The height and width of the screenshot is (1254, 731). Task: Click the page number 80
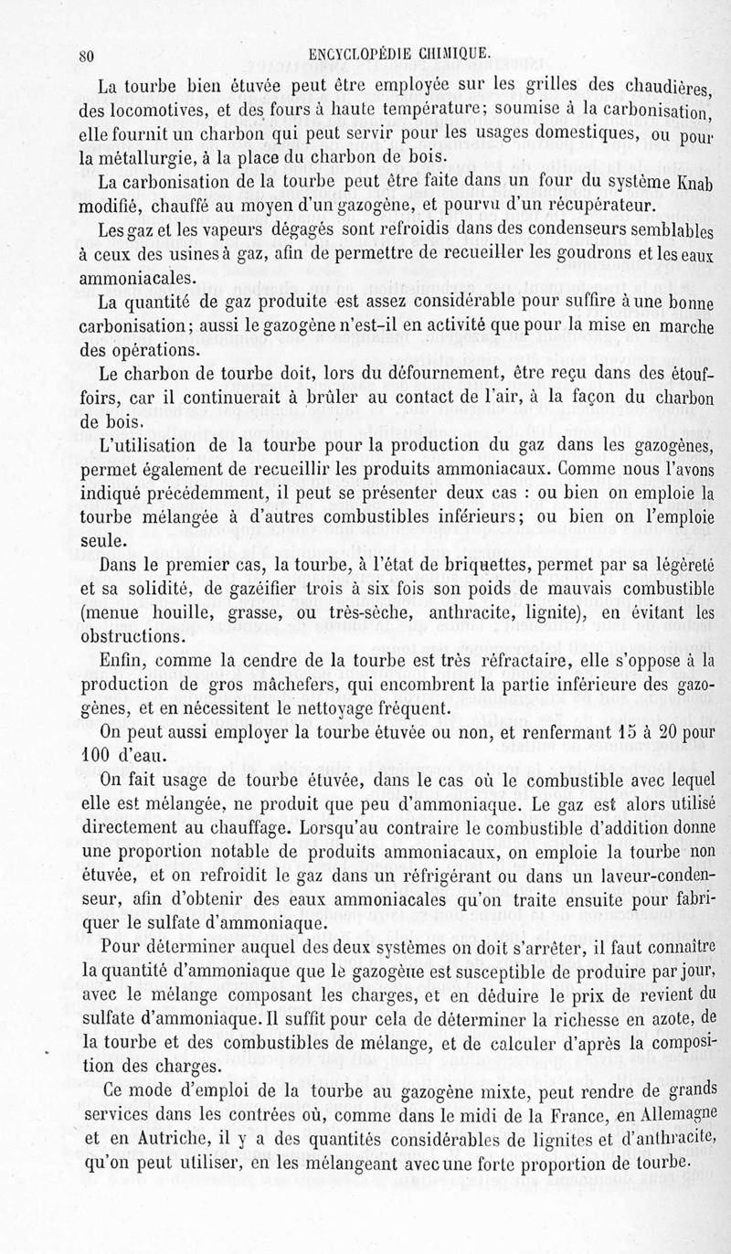88,54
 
